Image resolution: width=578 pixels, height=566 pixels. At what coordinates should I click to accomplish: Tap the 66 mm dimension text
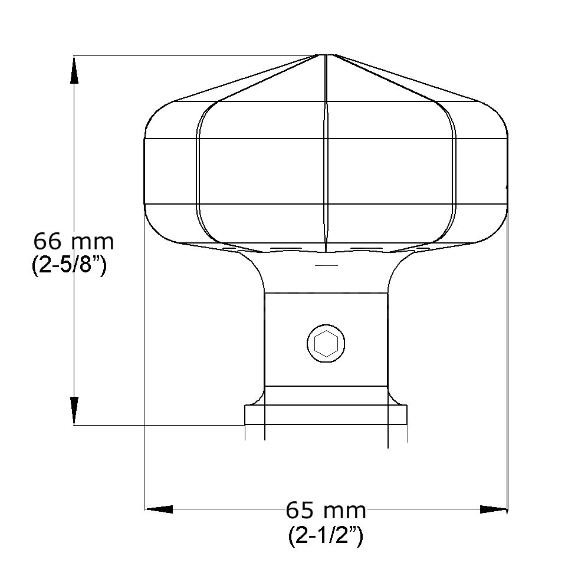(73, 242)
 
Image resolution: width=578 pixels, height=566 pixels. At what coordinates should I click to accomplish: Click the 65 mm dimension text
(326, 509)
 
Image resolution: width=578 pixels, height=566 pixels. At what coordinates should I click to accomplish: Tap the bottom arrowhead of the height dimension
(74, 410)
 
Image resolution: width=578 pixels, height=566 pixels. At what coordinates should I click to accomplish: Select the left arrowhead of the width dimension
(159, 509)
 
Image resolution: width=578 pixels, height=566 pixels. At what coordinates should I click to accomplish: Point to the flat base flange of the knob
(326, 414)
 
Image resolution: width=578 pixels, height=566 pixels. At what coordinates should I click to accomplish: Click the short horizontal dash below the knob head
(327, 266)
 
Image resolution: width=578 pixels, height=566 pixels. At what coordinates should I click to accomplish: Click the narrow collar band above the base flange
(326, 394)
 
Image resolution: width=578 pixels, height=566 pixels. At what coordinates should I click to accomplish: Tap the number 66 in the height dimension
(47, 242)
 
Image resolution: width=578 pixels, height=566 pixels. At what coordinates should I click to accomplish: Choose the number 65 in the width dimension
(300, 509)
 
